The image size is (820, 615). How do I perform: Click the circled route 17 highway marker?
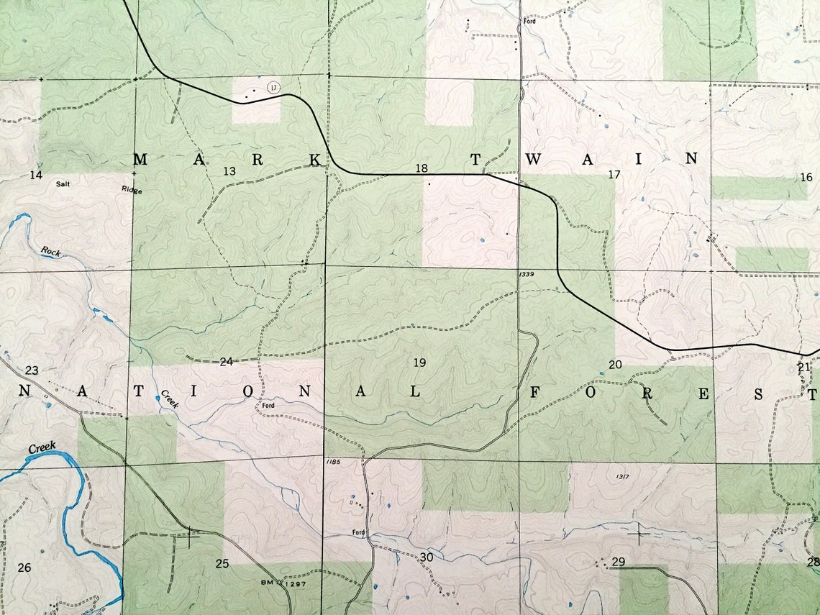pos(273,87)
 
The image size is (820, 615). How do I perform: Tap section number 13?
pos(229,171)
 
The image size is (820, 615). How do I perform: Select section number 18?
pos(422,168)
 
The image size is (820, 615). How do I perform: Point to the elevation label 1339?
pos(526,275)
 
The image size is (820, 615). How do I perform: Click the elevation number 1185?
pos(332,461)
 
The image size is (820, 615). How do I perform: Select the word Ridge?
pos(132,191)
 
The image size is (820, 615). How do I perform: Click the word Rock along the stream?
pos(51,251)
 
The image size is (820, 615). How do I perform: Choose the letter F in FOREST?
pos(535,392)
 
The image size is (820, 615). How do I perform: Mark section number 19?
pos(419,363)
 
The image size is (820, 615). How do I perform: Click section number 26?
pos(24,568)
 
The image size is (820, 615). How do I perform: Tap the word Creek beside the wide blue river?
pos(42,448)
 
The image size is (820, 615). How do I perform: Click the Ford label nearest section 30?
pos(359,533)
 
